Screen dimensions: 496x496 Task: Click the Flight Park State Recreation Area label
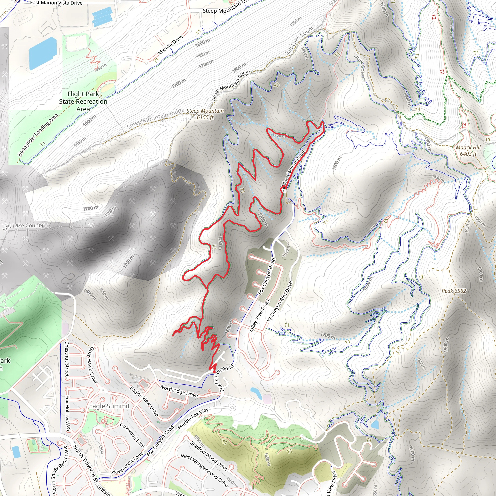(83, 101)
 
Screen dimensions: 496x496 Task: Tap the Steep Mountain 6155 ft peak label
(205, 114)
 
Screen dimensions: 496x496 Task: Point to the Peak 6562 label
(454, 291)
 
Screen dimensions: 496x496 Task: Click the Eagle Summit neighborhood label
(109, 406)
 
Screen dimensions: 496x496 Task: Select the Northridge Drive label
(179, 391)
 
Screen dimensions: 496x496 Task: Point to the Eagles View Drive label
(144, 401)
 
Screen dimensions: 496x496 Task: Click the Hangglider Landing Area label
(38, 135)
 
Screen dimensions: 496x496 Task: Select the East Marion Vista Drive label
(56, 3)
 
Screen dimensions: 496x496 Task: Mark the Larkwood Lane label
(132, 435)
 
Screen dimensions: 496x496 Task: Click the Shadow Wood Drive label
(209, 456)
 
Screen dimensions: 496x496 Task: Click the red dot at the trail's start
(214, 372)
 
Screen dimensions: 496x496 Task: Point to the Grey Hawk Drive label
(93, 365)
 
